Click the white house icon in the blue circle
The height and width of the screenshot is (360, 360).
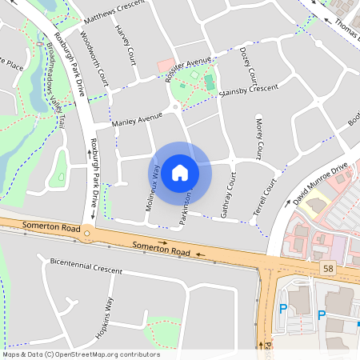coord(179,172)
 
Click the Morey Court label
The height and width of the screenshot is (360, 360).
coord(259,137)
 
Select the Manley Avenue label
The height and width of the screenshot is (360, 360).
coord(132,121)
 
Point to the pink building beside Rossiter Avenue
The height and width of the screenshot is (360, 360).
coord(165,64)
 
